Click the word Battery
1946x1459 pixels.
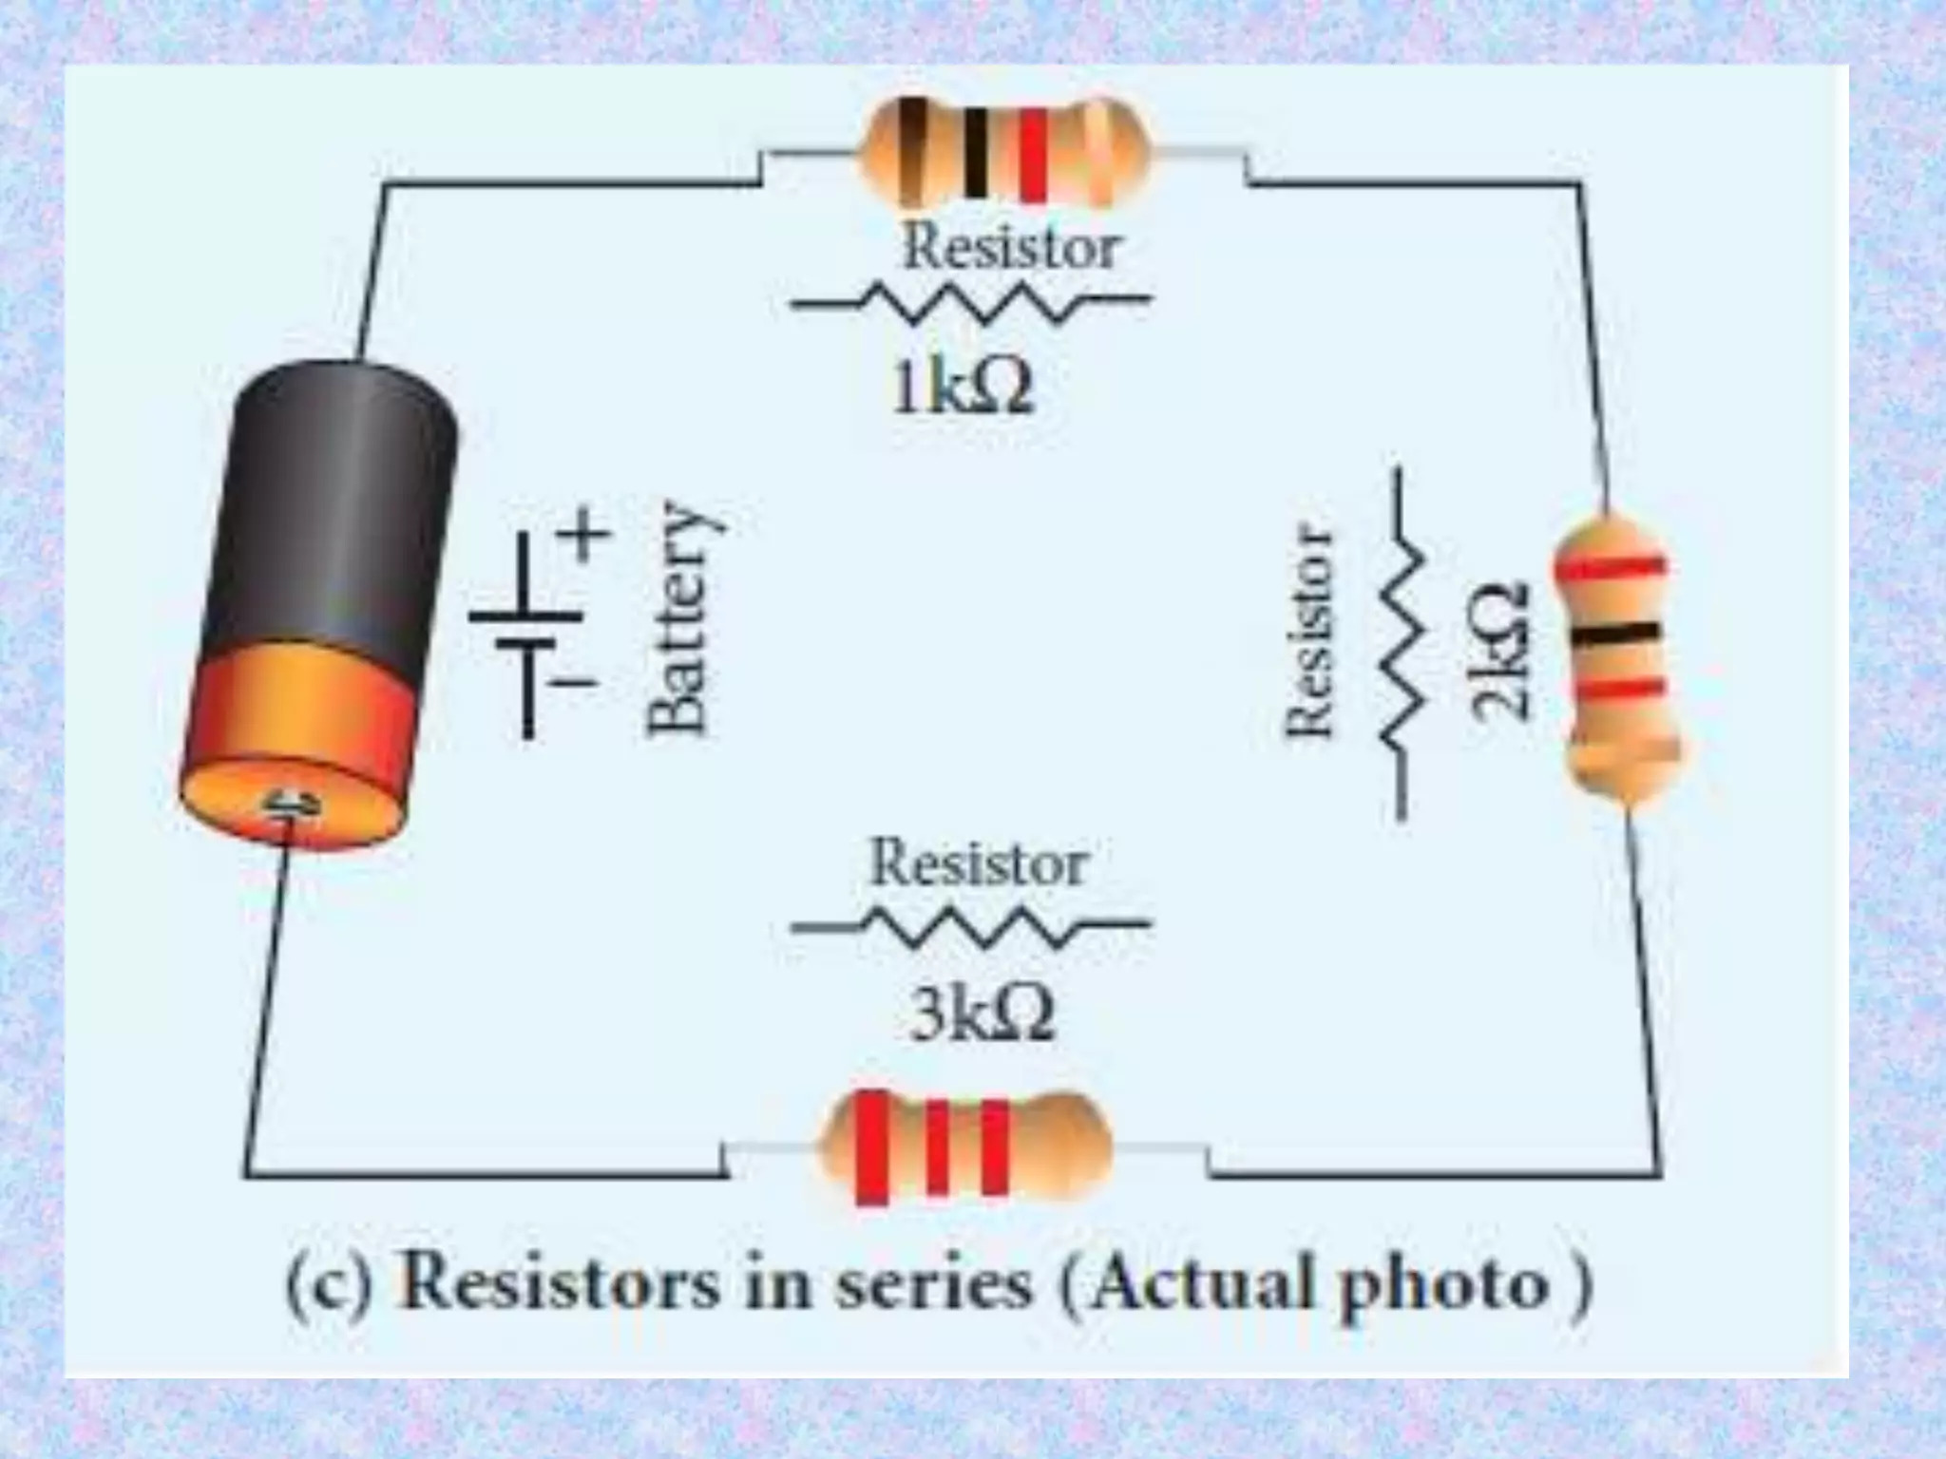(677, 618)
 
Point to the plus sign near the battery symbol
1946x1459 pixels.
(585, 534)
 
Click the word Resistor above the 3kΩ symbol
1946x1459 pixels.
(979, 863)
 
